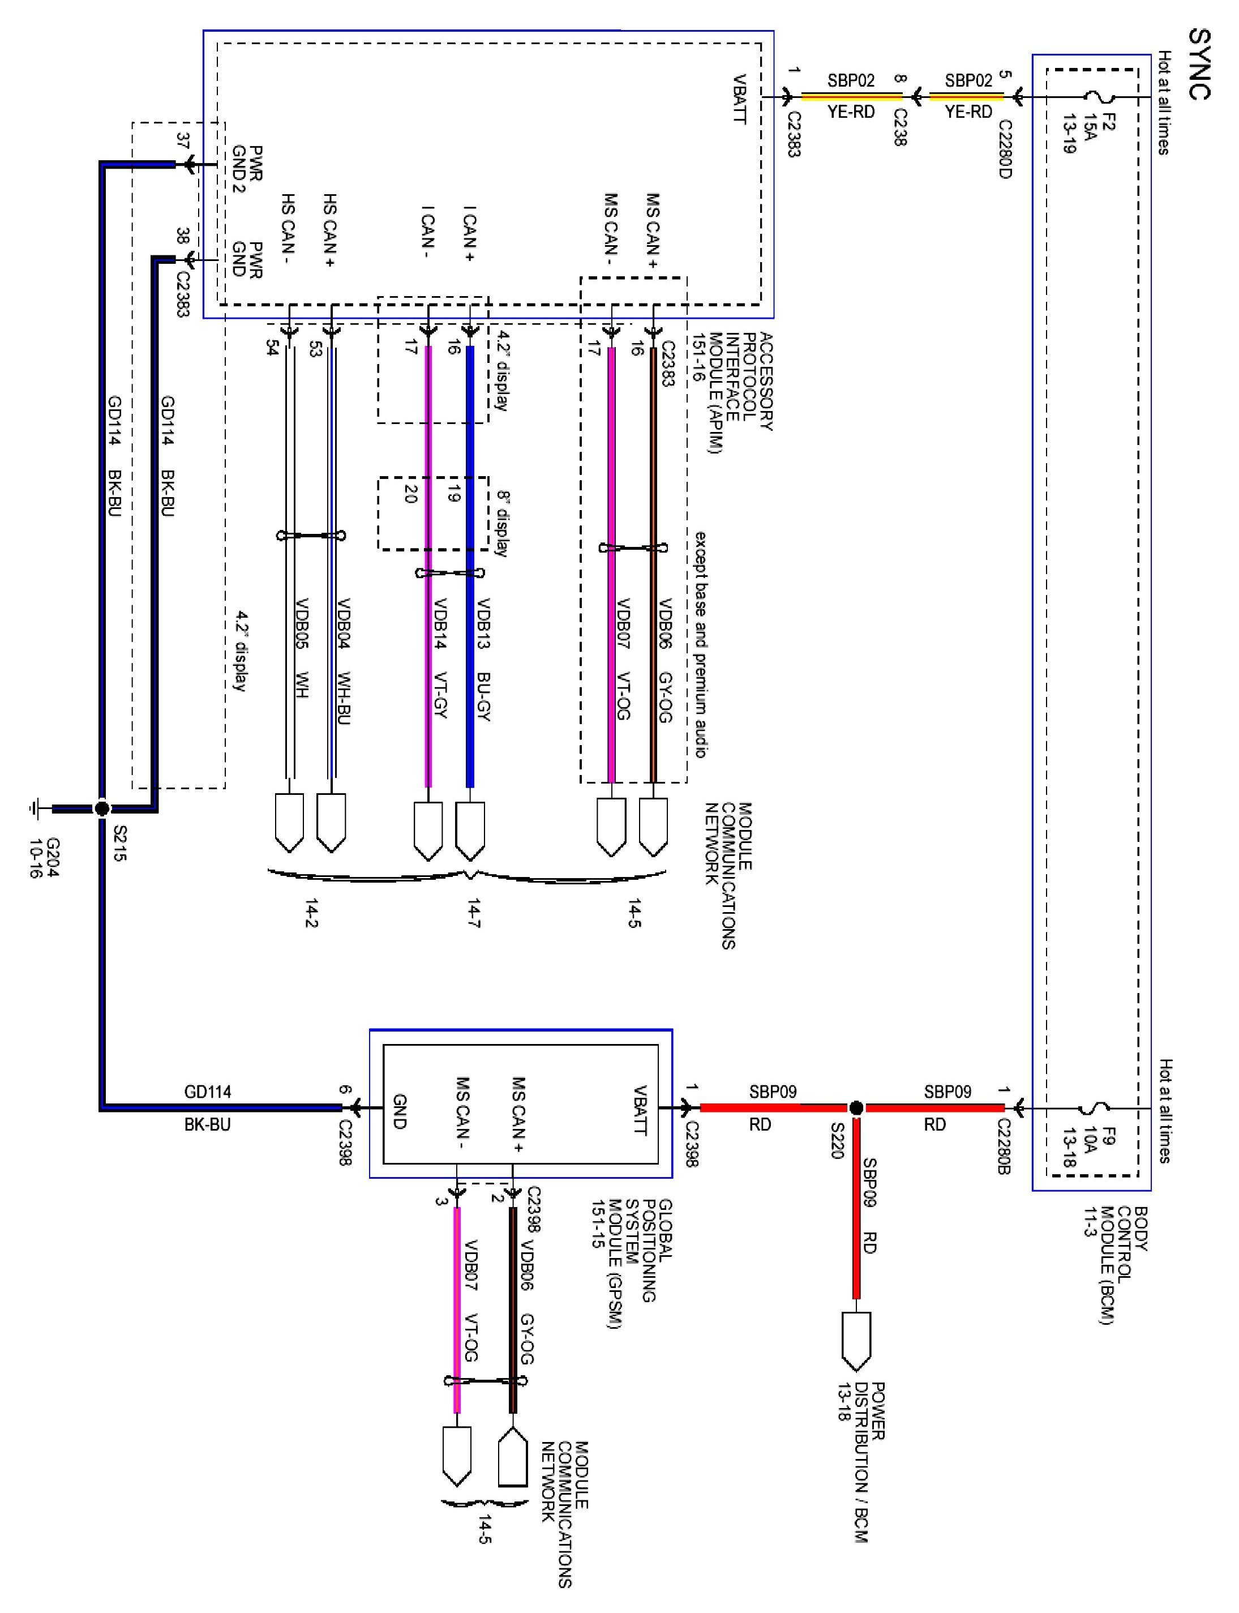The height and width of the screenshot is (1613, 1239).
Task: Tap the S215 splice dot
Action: (102, 809)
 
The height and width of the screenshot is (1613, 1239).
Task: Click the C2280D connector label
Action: (1005, 149)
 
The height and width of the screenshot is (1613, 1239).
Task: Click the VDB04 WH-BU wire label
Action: (343, 661)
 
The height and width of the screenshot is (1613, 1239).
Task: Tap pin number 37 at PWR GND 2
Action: (183, 142)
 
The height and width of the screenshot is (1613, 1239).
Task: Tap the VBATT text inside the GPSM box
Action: (640, 1110)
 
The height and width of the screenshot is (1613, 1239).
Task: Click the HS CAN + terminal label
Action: (329, 230)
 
